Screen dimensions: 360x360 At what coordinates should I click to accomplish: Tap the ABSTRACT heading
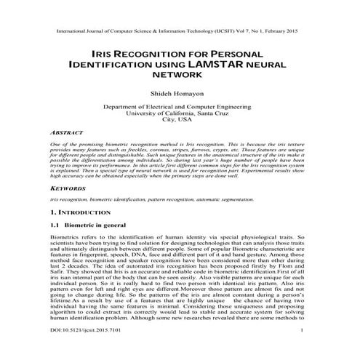[69, 134]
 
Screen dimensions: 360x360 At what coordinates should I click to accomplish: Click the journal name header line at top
[180, 33]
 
